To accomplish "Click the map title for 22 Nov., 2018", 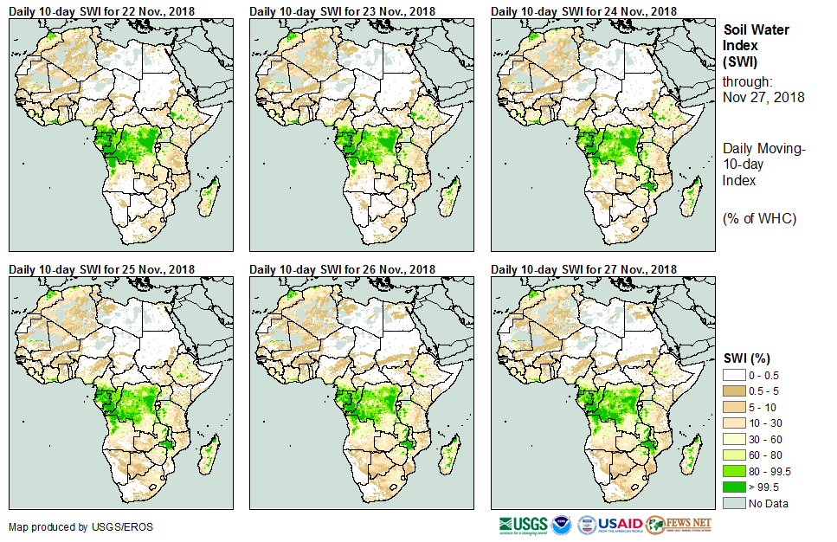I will (102, 10).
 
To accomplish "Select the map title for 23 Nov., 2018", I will (343, 10).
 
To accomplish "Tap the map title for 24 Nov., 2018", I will (584, 10).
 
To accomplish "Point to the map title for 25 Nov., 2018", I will (102, 268).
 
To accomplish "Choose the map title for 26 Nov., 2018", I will (343, 268).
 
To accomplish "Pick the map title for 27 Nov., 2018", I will (584, 268).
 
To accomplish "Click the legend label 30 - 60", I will (767, 438).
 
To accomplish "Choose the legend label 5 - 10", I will (764, 406).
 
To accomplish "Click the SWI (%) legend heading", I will (747, 358).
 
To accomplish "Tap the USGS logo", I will (524, 525).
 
